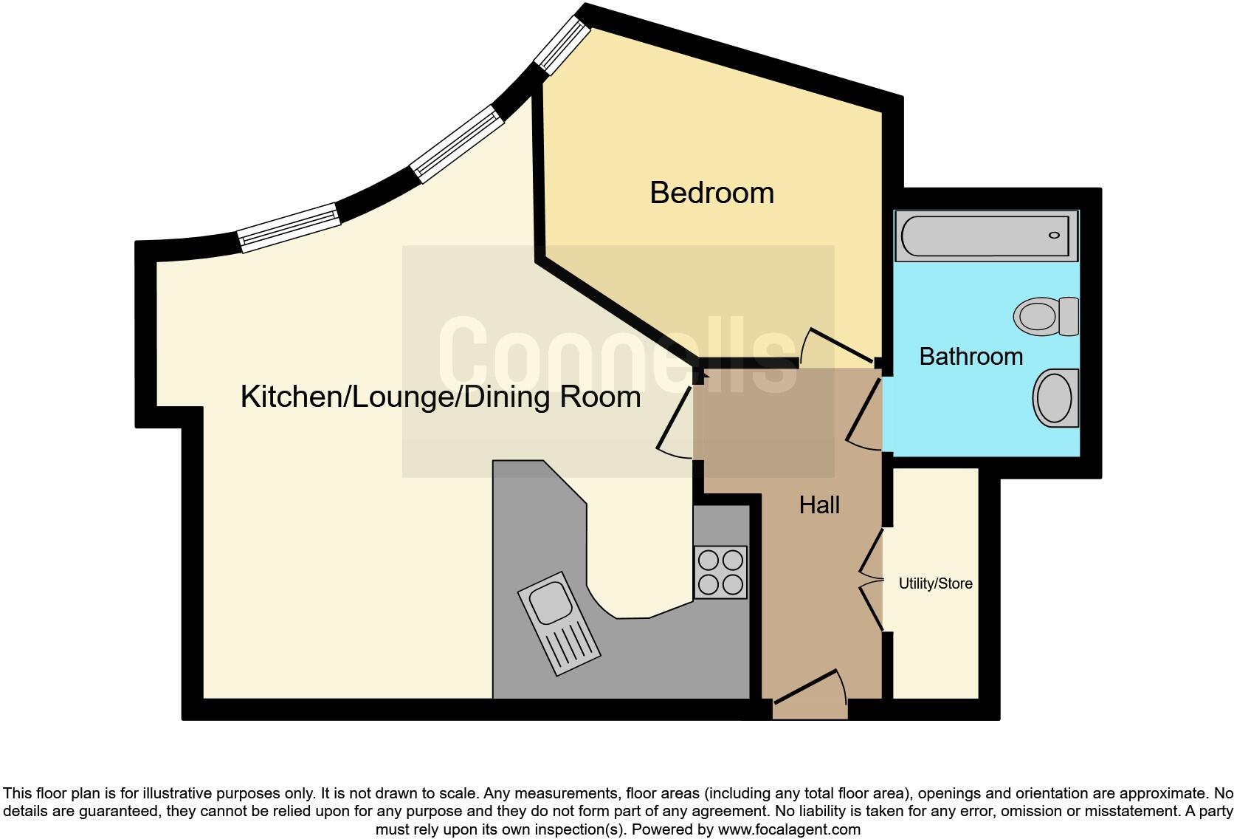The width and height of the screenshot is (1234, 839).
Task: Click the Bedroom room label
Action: coord(711,193)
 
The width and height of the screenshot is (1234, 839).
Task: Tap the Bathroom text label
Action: coord(971,357)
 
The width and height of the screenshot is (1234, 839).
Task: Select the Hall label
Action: coord(819,505)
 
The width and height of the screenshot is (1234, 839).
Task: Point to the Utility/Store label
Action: coord(935,583)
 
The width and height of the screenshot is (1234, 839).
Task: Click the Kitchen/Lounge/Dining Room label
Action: coord(441,397)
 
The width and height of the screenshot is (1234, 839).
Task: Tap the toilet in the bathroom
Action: coord(1047,316)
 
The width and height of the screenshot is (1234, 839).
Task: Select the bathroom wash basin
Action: coord(1055,398)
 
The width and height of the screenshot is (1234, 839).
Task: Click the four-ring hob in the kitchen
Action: coord(720,572)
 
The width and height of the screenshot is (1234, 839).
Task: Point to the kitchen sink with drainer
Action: coord(559,622)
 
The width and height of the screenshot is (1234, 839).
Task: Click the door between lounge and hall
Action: coord(675,421)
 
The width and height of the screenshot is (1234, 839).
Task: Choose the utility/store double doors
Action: coord(872,580)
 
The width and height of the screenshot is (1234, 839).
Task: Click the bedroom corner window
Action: coord(562,44)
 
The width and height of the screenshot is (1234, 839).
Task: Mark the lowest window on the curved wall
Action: coord(289,227)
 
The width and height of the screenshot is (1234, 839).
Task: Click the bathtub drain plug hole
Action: coord(1054,236)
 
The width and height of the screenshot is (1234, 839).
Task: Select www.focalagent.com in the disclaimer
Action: coord(789,829)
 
